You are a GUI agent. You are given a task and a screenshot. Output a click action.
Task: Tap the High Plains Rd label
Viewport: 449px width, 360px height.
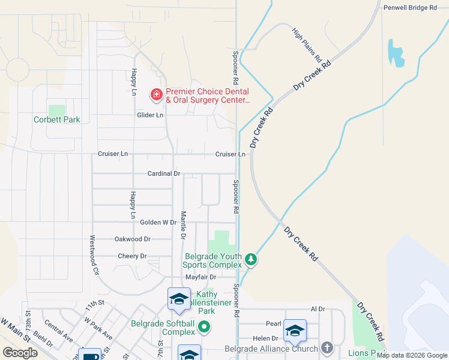307,45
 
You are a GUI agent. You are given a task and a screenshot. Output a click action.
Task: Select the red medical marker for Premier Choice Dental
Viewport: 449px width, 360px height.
157,94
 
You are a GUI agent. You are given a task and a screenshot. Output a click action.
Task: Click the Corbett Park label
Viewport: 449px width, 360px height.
56,119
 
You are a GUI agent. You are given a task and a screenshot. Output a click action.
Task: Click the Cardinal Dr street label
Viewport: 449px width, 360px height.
164,173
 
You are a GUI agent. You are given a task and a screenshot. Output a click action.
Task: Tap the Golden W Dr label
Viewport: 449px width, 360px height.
158,222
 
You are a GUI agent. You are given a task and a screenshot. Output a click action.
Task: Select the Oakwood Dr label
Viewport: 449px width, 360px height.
132,239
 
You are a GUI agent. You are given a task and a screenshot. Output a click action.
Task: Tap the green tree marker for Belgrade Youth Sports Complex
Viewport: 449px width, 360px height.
251,260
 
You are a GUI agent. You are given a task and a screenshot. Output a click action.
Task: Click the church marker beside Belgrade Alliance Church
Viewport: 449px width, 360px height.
327,348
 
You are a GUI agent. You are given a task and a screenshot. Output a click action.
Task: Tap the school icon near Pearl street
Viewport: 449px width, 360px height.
295,331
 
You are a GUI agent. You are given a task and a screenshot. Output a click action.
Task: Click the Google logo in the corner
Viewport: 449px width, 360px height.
20,353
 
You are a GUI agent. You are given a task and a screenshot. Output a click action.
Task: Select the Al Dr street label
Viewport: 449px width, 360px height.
318,309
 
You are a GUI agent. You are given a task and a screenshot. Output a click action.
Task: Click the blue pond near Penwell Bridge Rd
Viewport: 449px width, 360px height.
396,53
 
